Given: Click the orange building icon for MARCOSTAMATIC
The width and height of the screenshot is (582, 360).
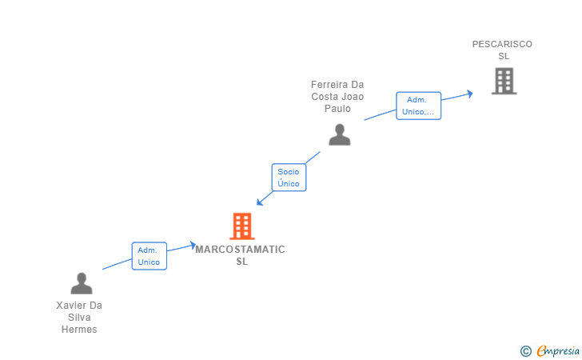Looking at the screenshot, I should pyautogui.click(x=241, y=226).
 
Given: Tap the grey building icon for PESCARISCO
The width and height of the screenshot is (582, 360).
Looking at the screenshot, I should pyautogui.click(x=504, y=81).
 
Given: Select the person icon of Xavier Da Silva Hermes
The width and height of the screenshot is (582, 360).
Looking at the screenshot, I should pyautogui.click(x=81, y=283).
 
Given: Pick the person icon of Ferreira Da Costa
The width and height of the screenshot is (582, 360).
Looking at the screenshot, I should pyautogui.click(x=340, y=134).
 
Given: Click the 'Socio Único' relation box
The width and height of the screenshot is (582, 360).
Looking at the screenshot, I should pyautogui.click(x=289, y=178).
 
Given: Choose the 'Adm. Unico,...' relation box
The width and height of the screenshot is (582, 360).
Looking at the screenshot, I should pyautogui.click(x=419, y=106).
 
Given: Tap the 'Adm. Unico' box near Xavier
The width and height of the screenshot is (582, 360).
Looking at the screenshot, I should pyautogui.click(x=149, y=256).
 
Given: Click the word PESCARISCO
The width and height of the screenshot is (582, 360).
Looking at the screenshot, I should pyautogui.click(x=502, y=44).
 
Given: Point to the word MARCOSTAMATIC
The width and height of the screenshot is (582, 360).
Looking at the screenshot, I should pyautogui.click(x=240, y=250).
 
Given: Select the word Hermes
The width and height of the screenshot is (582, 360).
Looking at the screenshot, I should pyautogui.click(x=79, y=330).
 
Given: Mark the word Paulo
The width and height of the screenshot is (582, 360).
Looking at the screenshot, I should pyautogui.click(x=337, y=109).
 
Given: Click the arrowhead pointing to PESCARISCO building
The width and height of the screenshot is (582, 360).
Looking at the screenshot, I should pyautogui.click(x=469, y=93).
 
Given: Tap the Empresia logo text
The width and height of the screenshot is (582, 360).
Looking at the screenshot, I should pyautogui.click(x=557, y=350).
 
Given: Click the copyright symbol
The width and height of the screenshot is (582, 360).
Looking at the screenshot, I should pyautogui.click(x=525, y=350).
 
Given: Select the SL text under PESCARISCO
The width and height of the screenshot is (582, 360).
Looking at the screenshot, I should pyautogui.click(x=504, y=56).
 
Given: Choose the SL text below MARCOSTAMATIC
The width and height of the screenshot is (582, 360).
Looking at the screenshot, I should pyautogui.click(x=241, y=262).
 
